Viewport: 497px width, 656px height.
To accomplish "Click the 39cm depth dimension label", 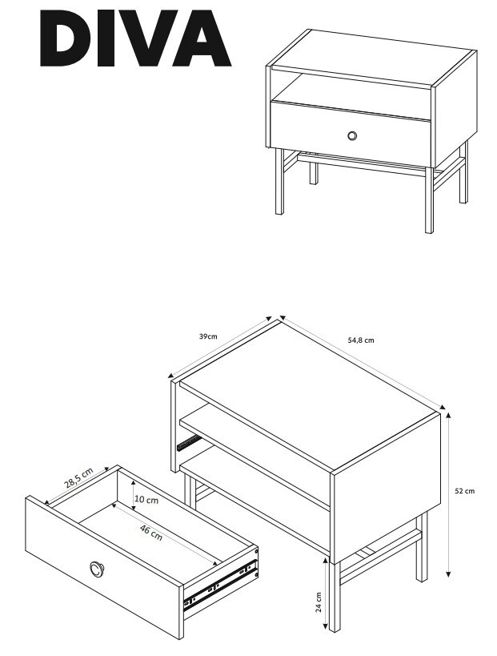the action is (208, 336).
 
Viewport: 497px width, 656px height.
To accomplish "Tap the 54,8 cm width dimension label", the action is (361, 340).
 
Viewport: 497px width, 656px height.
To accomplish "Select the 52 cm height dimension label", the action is (464, 491).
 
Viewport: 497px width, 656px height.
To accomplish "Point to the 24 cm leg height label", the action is (318, 602).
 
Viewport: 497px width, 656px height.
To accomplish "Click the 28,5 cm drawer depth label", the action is (78, 478).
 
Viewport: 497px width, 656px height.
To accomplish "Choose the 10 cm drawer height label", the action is (146, 499).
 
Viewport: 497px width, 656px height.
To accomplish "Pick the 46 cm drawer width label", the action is (151, 532).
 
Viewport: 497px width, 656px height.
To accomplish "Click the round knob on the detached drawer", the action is (96, 568).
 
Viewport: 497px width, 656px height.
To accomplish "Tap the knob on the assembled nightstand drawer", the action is (352, 135).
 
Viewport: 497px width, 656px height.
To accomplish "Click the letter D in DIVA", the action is (65, 38).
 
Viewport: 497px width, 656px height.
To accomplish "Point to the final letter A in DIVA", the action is (202, 38).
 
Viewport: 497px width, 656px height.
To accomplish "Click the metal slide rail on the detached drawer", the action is (220, 584).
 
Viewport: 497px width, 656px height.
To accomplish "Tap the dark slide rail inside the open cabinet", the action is (189, 443).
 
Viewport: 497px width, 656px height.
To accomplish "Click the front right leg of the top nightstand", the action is (429, 200).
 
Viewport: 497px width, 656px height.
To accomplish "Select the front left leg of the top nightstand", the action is (279, 182).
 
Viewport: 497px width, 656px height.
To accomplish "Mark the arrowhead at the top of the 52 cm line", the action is (449, 416).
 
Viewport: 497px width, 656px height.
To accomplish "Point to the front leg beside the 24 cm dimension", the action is (334, 596).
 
